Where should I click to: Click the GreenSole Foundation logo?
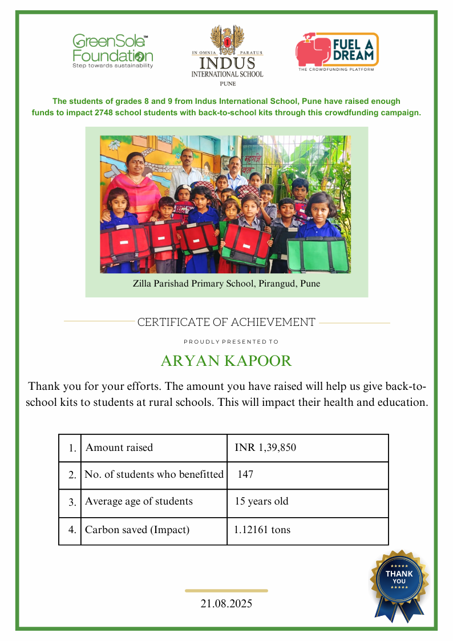(x=112, y=51)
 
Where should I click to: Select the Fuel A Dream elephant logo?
(x=312, y=49)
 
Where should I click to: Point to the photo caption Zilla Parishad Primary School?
(x=226, y=284)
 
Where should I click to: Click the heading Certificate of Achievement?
(x=226, y=322)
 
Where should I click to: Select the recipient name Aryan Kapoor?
(x=226, y=361)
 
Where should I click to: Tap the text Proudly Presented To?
(x=231, y=342)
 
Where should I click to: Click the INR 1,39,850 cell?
(x=265, y=448)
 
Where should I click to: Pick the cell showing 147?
(x=246, y=474)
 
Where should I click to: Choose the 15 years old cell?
(x=262, y=502)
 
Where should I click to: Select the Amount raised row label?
(x=119, y=448)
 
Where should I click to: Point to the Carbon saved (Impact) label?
(x=137, y=530)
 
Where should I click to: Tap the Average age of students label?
(x=139, y=502)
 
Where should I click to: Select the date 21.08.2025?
(x=226, y=603)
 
